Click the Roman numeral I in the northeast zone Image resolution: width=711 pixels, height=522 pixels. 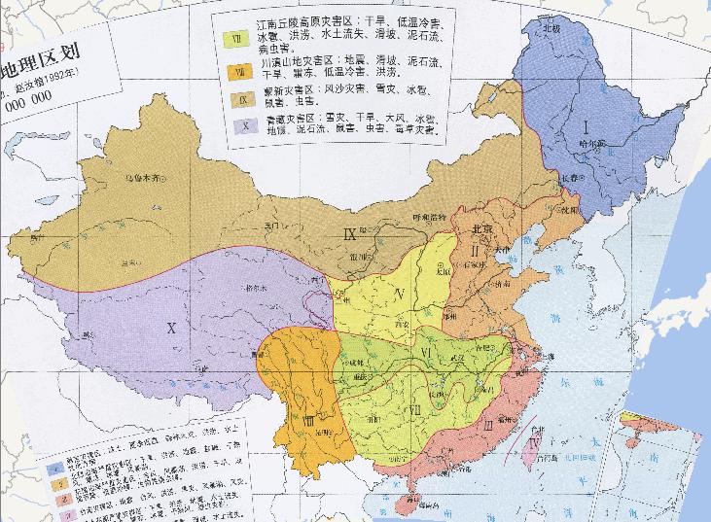click(587, 126)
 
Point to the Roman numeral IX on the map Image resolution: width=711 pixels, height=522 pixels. click(351, 232)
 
